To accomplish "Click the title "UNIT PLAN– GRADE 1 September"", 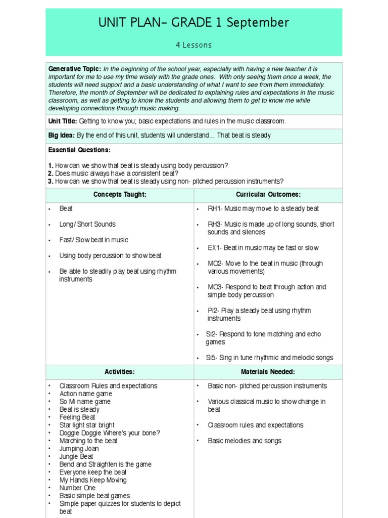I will [194, 23].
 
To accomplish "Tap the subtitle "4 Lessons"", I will [194, 45].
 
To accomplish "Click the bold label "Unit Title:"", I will [63, 121].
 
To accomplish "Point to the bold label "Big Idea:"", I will [61, 136].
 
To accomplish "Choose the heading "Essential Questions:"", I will [79, 150].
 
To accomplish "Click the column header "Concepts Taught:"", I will [120, 195].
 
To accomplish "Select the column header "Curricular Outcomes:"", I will [268, 195].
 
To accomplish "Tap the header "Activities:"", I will [120, 372].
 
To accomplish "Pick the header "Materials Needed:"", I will [268, 372].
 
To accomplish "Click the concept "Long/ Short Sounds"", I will [87, 224].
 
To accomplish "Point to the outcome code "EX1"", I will [214, 248].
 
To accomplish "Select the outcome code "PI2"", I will [213, 311].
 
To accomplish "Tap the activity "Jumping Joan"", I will [79, 449].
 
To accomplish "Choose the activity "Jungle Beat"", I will [77, 456].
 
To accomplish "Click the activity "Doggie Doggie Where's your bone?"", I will [110, 433].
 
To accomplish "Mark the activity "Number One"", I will [77, 488].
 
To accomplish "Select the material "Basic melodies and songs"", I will [245, 441].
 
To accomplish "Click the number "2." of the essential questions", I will [51, 174].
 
